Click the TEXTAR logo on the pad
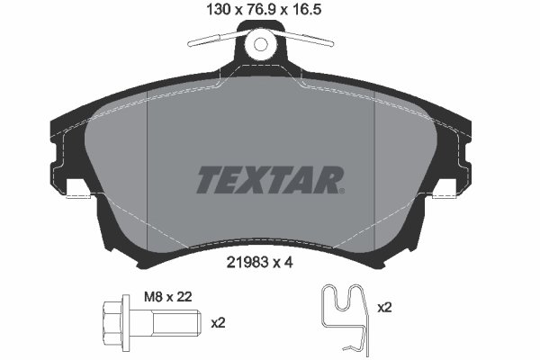click(x=269, y=179)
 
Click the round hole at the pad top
click(x=261, y=43)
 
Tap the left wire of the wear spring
click(x=213, y=40)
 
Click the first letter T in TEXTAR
click(x=208, y=179)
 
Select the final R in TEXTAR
click(x=328, y=179)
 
